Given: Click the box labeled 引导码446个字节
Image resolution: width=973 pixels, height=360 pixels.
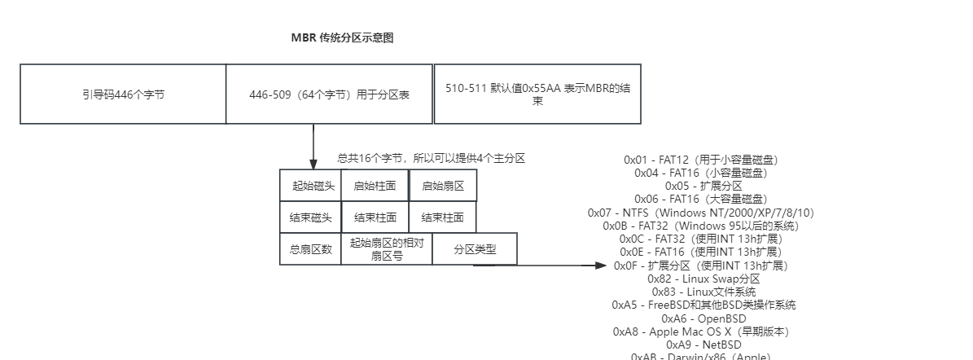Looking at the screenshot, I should point(123,94).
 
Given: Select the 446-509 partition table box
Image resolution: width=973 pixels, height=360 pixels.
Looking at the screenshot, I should point(329,94).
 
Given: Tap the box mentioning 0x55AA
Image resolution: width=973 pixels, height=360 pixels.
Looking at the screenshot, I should point(537,94).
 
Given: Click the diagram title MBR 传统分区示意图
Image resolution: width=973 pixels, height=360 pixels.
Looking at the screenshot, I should point(342,38).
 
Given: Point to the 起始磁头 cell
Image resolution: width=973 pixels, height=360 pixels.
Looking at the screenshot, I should point(311,186).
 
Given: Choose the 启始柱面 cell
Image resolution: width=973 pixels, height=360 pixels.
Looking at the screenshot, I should point(375,186).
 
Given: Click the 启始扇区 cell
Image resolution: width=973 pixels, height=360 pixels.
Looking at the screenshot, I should point(442,186).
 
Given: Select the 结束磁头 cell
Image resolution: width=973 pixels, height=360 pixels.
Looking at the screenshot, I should point(311,217).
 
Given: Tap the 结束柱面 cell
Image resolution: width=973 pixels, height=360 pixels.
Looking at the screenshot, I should point(375,217).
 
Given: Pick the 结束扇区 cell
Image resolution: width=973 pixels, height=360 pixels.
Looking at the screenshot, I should point(442,217).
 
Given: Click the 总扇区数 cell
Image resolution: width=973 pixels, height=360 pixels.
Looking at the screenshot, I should point(311,249).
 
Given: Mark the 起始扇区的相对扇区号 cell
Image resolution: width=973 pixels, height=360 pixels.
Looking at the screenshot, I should point(387,249).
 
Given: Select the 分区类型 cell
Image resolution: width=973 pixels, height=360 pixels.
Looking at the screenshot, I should point(475,249).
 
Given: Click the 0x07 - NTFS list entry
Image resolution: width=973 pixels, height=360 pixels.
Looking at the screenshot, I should point(700,213).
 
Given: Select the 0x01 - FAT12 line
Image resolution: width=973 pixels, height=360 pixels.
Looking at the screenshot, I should point(700,160).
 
